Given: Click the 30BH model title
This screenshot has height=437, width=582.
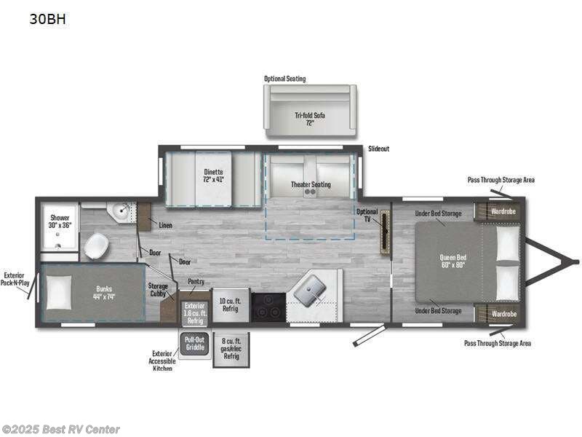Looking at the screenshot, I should [47, 20].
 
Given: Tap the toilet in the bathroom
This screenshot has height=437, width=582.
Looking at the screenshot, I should [96, 246].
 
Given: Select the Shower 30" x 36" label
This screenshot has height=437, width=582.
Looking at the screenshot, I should [60, 221].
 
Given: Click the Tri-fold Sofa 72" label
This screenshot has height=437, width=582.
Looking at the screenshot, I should [310, 118].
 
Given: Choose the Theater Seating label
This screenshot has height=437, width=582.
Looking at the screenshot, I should [311, 184].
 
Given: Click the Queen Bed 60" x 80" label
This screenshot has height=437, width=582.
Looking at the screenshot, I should [452, 260].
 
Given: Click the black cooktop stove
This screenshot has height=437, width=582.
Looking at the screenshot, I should [268, 307].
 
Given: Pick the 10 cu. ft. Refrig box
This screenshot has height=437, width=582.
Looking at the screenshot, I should [230, 306].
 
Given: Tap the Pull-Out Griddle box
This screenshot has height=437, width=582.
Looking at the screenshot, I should [194, 343].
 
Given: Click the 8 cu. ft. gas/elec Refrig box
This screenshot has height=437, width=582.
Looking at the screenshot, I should [231, 348].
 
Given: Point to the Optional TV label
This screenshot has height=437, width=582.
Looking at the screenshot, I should [367, 216].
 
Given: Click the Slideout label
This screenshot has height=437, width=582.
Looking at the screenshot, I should [378, 149].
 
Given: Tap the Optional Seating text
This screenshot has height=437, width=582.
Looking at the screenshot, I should [285, 79].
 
